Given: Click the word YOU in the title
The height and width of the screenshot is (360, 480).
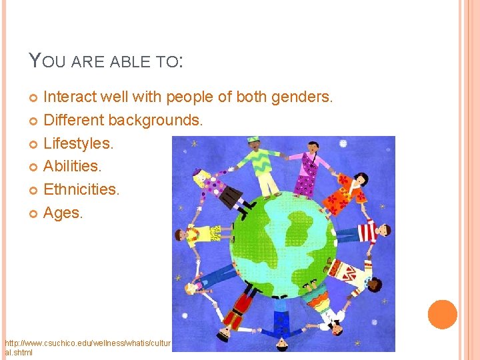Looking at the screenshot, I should (x=43, y=62).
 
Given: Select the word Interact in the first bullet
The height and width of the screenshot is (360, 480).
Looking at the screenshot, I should (x=69, y=97).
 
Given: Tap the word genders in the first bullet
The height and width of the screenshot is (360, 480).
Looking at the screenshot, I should (x=301, y=97).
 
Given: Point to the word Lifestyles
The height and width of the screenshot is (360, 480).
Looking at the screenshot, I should (x=79, y=143).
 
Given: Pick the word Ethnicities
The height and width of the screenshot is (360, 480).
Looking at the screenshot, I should (x=81, y=190).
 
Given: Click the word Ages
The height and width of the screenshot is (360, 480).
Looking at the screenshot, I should (x=63, y=213).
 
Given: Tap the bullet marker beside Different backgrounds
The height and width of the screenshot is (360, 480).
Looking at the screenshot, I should (x=35, y=121).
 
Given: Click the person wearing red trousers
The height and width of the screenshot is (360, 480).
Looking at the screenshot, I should (x=235, y=311).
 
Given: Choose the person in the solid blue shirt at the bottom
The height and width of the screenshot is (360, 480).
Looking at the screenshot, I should (x=279, y=319).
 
